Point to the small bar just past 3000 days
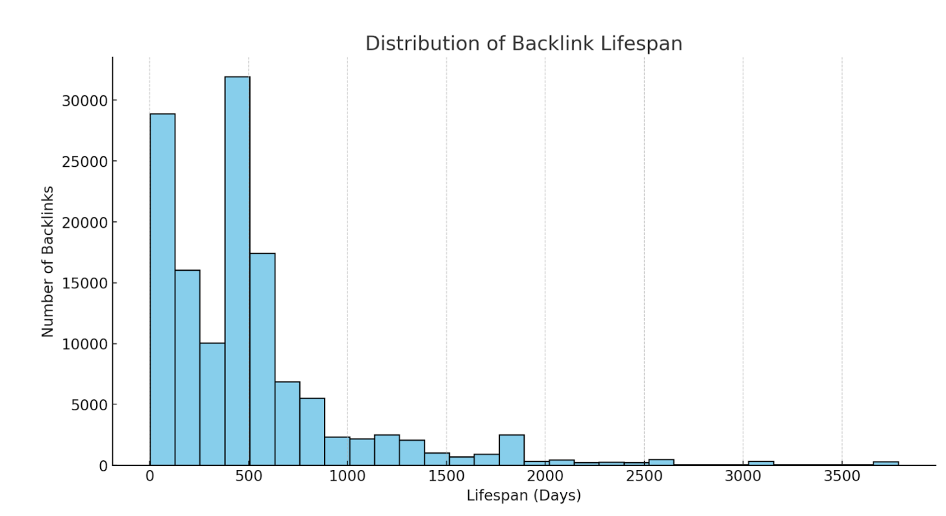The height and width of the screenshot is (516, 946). (761, 463)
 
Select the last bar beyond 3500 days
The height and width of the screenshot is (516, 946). (886, 463)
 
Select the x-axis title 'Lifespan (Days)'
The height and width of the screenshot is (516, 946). (523, 496)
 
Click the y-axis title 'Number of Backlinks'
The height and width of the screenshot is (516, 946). (47, 262)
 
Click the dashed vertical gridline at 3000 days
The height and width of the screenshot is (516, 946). (743, 260)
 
